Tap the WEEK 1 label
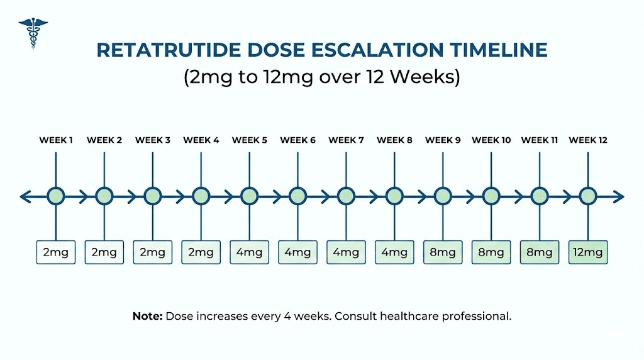coord(56,140)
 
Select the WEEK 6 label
coord(297,140)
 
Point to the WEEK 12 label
coord(588,140)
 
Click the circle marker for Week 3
coord(153,196)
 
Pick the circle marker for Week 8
coord(394,196)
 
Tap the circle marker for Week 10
coord(491,196)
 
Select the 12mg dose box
coord(588,252)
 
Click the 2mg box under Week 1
coord(56,252)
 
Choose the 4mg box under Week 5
coord(249,252)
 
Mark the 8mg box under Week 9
coord(443,252)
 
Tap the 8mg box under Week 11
coord(540,252)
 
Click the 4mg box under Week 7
coord(346,252)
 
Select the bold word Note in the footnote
coord(147,316)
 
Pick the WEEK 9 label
coord(443,140)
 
